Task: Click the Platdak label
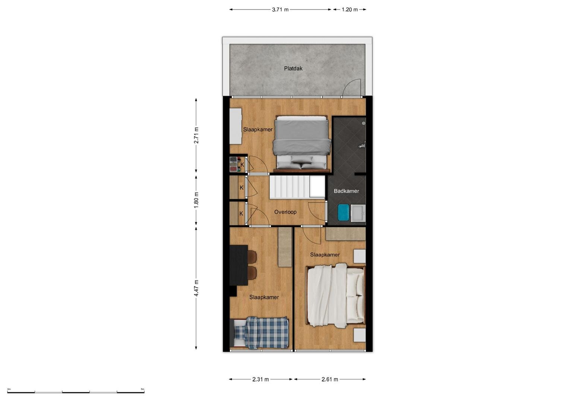(x=293, y=68)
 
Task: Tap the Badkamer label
(x=346, y=191)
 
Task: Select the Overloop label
(x=285, y=212)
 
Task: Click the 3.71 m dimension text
(x=280, y=10)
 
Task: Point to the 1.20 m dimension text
(x=350, y=10)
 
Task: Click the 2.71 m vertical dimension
(x=196, y=135)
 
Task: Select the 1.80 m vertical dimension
(x=196, y=200)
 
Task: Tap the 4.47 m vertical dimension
(x=196, y=288)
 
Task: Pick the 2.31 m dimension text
(x=260, y=379)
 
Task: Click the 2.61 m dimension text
(x=330, y=379)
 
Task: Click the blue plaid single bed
(x=259, y=332)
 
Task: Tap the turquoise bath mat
(x=344, y=213)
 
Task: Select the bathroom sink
(x=358, y=213)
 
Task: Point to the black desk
(x=238, y=265)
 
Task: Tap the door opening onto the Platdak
(x=352, y=88)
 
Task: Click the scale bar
(x=76, y=392)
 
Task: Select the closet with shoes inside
(x=235, y=165)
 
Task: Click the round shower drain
(x=364, y=123)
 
